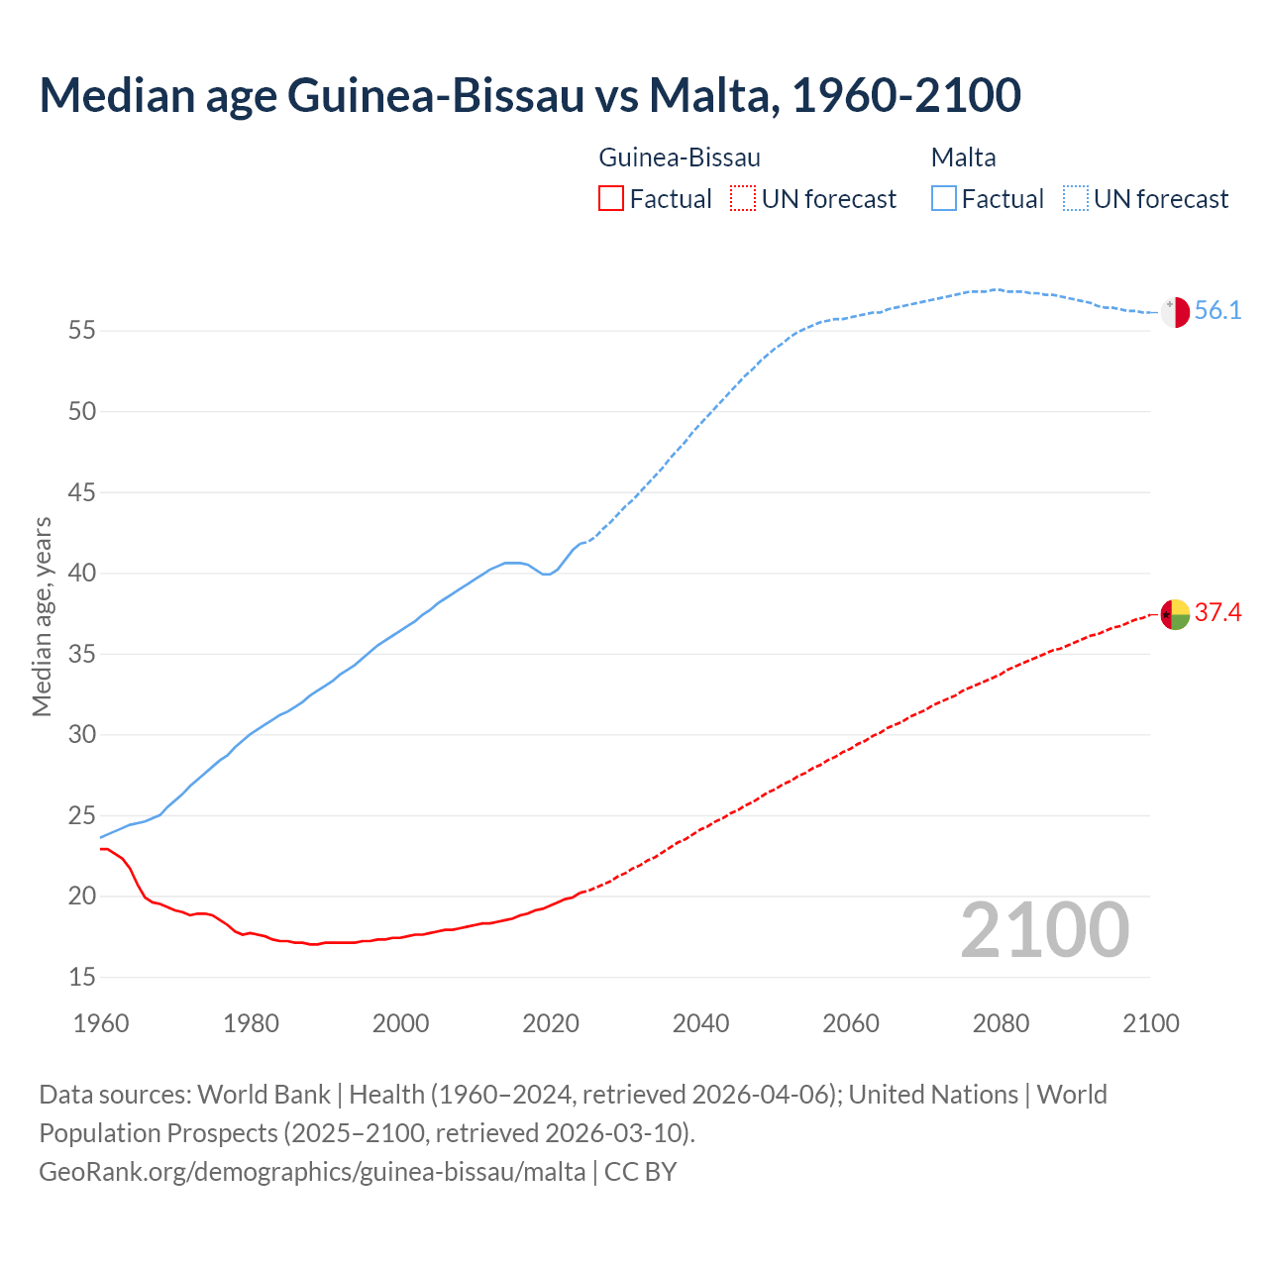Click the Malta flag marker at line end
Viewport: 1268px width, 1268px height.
1175,312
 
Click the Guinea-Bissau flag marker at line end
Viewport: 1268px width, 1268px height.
1175,614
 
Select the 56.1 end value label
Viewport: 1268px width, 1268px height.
1217,311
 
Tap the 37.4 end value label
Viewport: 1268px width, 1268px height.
1217,613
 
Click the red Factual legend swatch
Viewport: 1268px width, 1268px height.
611,199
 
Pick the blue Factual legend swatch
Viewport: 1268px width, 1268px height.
944,199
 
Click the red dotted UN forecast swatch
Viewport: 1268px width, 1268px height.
743,199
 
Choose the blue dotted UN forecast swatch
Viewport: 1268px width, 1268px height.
1076,199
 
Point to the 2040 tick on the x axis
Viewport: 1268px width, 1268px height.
700,1023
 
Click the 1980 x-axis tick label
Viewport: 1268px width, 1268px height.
251,1023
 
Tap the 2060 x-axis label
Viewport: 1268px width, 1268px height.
851,1023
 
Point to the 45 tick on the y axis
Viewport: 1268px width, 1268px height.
82,492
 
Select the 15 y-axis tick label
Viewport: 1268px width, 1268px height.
82,978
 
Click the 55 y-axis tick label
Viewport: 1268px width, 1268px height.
82,331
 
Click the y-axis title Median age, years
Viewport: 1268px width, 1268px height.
42,616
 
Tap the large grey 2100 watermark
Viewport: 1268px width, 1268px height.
1045,930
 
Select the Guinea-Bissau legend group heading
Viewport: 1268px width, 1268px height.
680,158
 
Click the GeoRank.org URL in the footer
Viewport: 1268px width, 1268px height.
312,1172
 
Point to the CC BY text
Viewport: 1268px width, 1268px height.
641,1172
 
